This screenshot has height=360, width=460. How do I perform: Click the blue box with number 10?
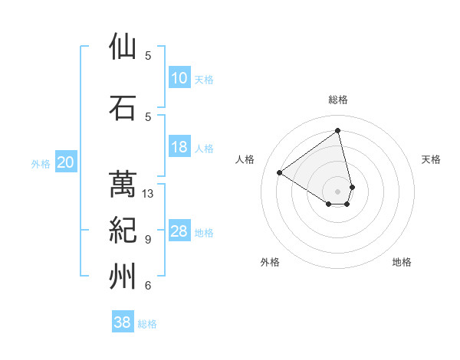tap(179, 78)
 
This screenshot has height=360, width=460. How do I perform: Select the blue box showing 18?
tap(179, 148)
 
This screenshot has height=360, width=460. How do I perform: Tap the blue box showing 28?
tap(179, 232)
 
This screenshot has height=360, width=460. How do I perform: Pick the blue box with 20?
tap(66, 162)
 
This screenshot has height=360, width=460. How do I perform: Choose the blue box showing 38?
tap(123, 322)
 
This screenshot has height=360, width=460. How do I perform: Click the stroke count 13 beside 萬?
tap(148, 194)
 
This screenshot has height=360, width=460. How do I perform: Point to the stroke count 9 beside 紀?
tap(148, 240)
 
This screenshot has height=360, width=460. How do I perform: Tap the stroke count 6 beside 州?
tap(148, 286)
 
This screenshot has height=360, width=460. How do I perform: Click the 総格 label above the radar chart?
tap(337, 100)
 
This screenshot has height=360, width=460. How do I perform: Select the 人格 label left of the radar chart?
tap(245, 159)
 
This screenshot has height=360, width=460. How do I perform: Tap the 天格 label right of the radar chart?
tap(432, 159)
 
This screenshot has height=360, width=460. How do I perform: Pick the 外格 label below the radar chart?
tap(270, 262)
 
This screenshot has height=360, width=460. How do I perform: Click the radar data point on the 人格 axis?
tap(280, 172)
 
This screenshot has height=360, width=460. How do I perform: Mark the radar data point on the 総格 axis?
tap(337, 131)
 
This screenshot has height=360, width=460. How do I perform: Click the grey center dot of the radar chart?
tap(337, 191)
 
